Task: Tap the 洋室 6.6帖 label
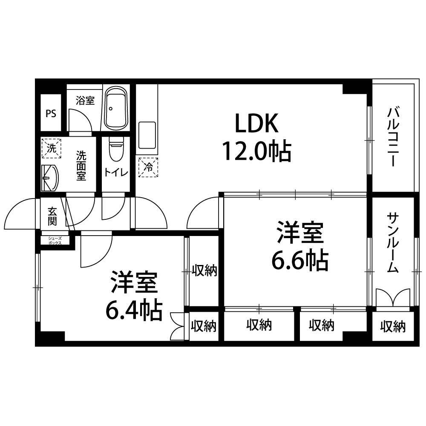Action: coord(300,246)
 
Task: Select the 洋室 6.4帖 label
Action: coord(134,295)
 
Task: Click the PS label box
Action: coord(51,113)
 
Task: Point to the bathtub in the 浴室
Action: coord(116,108)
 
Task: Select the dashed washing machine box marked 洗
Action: coord(51,148)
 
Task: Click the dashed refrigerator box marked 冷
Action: coord(148,167)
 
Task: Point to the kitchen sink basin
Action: coord(147,135)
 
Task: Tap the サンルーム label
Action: coord(393,243)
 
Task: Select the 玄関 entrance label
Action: coord(52,216)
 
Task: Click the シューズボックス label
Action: coord(55,241)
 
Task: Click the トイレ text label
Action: coord(116,173)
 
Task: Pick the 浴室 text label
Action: coord(85,101)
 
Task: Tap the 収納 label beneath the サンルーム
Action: coord(393,326)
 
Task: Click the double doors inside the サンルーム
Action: coord(393,298)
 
